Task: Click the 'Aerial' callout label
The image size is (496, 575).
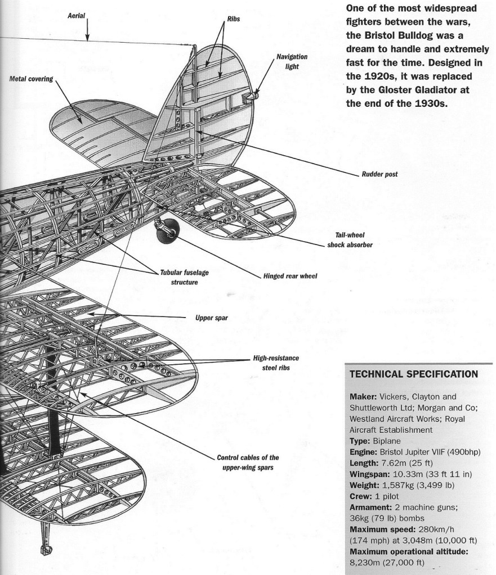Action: point(76,16)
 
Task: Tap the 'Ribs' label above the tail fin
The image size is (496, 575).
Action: point(234,19)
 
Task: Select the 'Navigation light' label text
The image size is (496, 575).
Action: point(292,61)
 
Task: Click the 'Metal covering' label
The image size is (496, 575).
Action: point(31,79)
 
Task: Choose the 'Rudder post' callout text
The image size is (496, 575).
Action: point(380,174)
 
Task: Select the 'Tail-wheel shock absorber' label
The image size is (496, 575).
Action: point(350,241)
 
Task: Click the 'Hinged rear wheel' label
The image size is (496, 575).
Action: point(290,277)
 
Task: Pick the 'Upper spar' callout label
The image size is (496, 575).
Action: point(211,318)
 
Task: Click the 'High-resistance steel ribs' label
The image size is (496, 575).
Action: point(276,363)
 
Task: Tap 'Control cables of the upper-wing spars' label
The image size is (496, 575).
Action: point(248,462)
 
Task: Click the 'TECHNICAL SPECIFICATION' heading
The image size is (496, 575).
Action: point(414,374)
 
